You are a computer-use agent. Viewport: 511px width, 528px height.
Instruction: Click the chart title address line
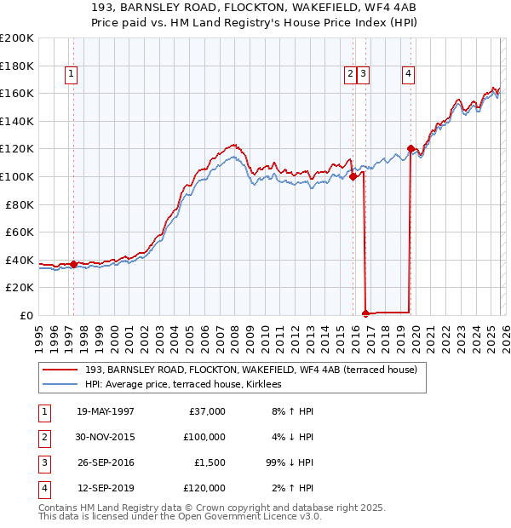point(255,9)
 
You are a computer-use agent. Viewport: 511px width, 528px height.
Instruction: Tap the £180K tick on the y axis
point(17,66)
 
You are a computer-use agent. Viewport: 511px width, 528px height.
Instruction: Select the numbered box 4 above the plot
point(409,75)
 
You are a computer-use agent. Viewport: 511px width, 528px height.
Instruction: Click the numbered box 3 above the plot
point(364,75)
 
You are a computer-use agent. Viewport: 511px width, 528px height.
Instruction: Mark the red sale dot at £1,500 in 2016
point(366,313)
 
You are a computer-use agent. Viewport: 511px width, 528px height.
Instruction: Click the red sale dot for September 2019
point(411,149)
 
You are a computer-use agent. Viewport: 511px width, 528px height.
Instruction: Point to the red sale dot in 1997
point(74,264)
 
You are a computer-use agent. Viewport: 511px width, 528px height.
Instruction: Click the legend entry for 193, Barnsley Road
point(250,370)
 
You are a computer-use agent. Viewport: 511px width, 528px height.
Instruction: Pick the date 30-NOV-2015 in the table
point(106,437)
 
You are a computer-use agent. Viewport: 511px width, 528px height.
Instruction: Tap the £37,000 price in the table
point(206,411)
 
